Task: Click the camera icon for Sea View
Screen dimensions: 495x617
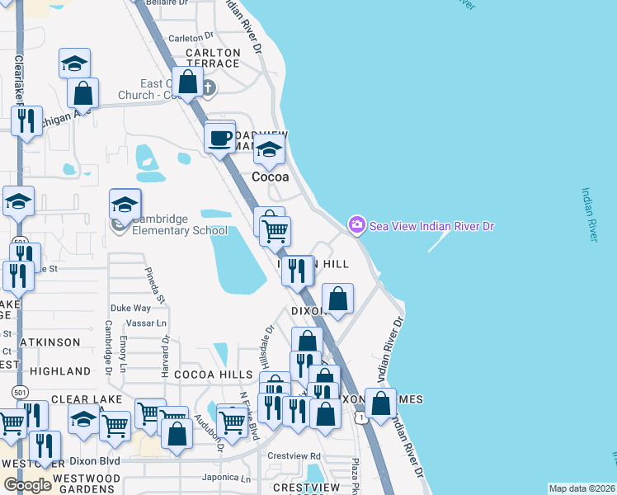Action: point(357,224)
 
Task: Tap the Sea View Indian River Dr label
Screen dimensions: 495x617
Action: point(431,225)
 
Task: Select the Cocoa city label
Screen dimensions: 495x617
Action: point(271,177)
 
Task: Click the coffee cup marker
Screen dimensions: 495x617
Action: point(220,137)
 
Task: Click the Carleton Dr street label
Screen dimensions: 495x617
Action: point(191,38)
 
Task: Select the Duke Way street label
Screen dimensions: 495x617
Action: point(130,308)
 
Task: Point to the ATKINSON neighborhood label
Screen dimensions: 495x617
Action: point(52,342)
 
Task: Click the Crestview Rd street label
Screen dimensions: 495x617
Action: point(294,455)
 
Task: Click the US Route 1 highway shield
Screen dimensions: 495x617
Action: point(361,419)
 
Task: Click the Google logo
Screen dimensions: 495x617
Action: point(27,485)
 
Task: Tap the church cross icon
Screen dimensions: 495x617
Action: point(209,87)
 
